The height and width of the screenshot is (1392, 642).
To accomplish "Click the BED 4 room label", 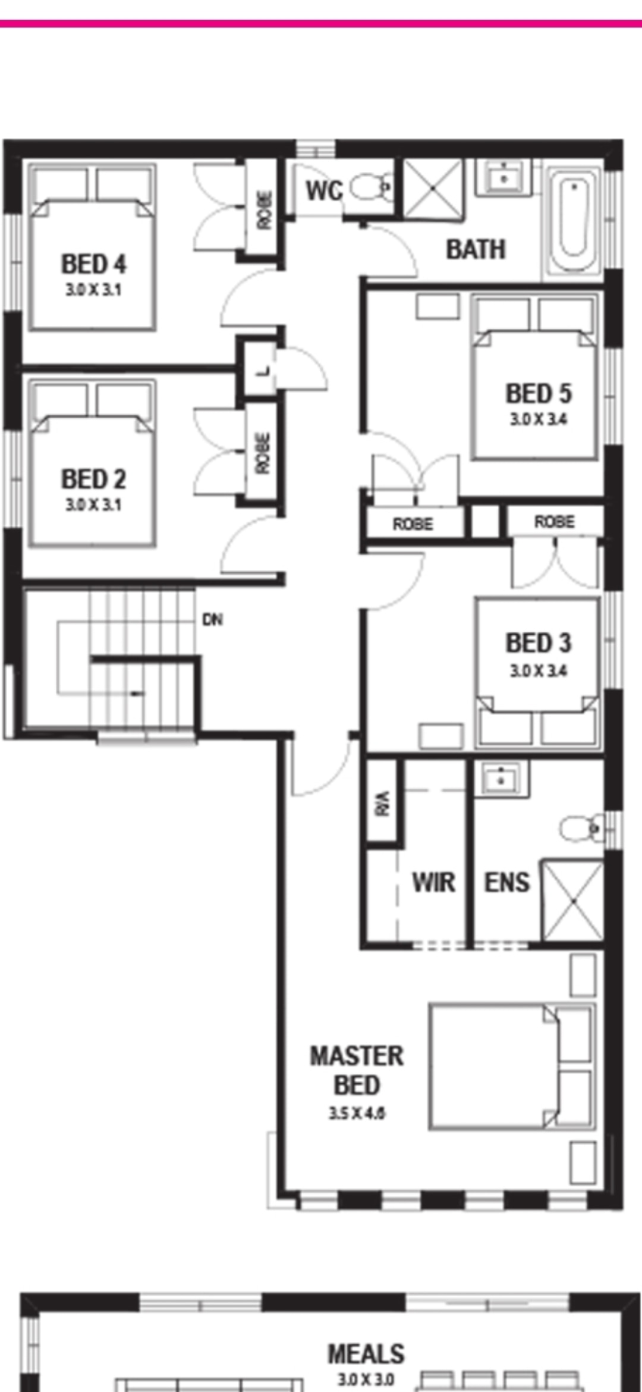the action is pyautogui.click(x=94, y=264).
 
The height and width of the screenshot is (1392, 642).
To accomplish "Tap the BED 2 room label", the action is pyautogui.click(x=94, y=479).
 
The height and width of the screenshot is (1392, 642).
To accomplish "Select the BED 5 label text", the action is pyautogui.click(x=539, y=393).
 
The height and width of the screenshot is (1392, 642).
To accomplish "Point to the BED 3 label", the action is pyautogui.click(x=539, y=643).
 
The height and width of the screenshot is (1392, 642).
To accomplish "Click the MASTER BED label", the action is pyautogui.click(x=357, y=1071).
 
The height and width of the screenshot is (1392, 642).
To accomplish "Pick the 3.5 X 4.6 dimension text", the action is pyautogui.click(x=357, y=1113).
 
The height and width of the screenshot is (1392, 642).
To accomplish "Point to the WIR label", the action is pyautogui.click(x=434, y=882).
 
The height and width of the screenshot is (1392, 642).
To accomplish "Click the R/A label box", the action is pyautogui.click(x=383, y=803).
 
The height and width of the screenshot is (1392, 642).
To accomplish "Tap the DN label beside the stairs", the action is pyautogui.click(x=213, y=620).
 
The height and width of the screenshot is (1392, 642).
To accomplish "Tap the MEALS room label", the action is pyautogui.click(x=366, y=1355).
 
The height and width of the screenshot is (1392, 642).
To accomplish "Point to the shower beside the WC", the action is pyautogui.click(x=433, y=188).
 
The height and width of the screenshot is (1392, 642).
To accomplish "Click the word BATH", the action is pyautogui.click(x=476, y=249).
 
